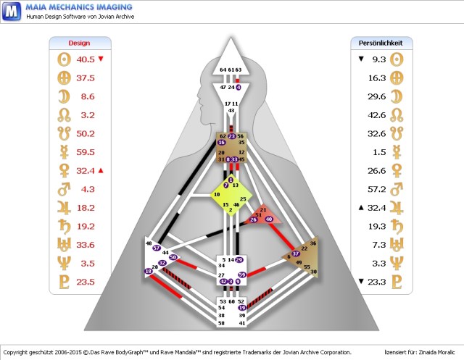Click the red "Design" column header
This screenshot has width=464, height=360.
(x=79, y=43)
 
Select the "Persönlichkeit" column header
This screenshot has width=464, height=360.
(x=381, y=43)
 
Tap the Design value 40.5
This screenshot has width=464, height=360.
(x=86, y=59)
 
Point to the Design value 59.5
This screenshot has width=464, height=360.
(x=86, y=152)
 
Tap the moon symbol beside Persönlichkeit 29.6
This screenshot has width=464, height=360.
(x=397, y=96)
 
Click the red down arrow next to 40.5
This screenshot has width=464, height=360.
(x=101, y=59)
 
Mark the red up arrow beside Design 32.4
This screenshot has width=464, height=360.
(x=101, y=170)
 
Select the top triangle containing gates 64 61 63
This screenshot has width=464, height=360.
(x=231, y=62)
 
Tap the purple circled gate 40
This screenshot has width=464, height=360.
(x=269, y=218)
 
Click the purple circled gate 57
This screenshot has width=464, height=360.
(x=157, y=248)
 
